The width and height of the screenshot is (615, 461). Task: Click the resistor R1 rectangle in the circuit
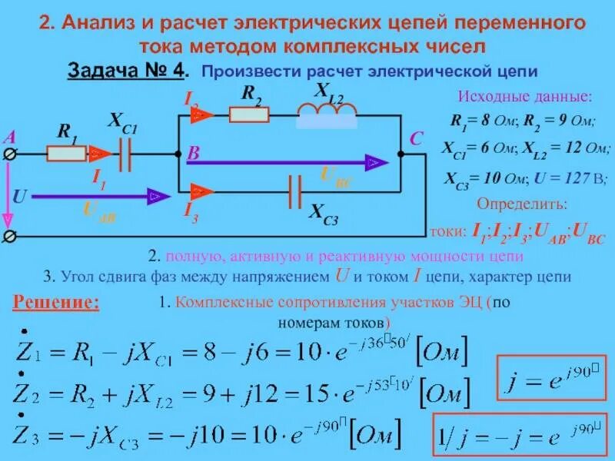(x=67, y=154)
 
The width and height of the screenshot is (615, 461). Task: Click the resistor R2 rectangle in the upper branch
(x=248, y=116)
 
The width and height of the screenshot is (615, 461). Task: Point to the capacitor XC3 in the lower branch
(x=294, y=190)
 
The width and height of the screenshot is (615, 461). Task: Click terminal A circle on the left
(x=10, y=154)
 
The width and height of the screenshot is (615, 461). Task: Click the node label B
(x=194, y=154)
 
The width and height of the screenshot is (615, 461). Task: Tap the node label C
(x=416, y=140)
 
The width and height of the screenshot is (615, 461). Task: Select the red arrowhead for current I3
(x=202, y=190)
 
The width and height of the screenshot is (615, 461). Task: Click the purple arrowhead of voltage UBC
(x=374, y=161)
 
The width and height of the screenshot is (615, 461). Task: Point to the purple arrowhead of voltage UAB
(x=156, y=197)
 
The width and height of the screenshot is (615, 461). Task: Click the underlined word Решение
(x=56, y=302)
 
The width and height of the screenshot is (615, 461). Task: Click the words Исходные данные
(x=525, y=98)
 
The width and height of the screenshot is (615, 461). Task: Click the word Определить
(x=523, y=205)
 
